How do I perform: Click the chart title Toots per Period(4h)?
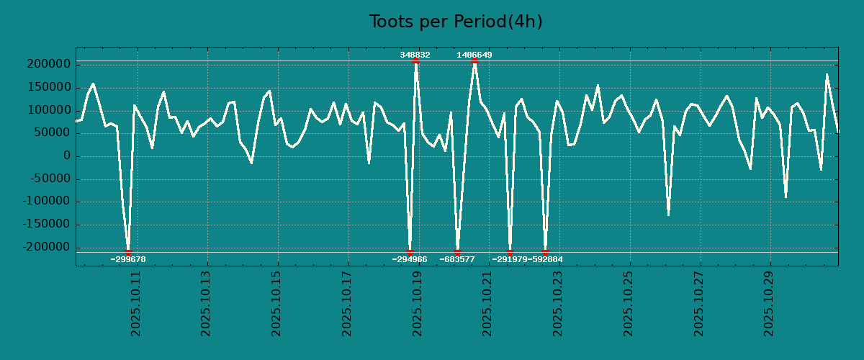[x=456, y=22]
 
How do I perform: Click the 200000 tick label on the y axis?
[x=48, y=65]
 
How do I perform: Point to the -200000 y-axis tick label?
[x=45, y=248]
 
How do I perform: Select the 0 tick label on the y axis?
[x=67, y=156]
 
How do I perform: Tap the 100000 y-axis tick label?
[x=48, y=110]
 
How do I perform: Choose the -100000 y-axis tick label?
[x=45, y=202]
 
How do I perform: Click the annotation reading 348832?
[x=415, y=55]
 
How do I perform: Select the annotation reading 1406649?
[x=474, y=55]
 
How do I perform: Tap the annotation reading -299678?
[x=128, y=259]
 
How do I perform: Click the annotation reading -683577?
[x=457, y=259]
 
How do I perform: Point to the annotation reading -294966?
[x=410, y=259]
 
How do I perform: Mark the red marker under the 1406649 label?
[x=474, y=61]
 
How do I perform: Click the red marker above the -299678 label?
[x=128, y=252]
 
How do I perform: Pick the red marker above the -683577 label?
[x=457, y=252]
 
